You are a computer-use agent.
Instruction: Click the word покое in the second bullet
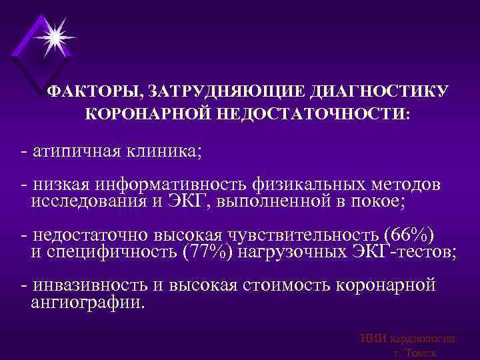[403, 200]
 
